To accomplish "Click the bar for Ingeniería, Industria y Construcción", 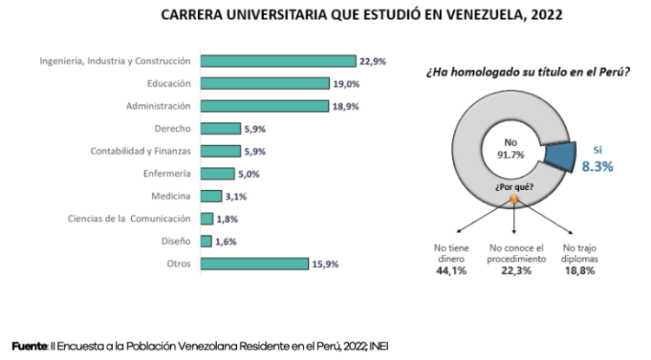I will point(278,61).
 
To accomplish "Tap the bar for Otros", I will point(255,263).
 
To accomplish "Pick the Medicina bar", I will point(211,196).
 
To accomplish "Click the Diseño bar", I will point(206,241).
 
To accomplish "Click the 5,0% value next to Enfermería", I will point(248,173).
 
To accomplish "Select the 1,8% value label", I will point(227,219).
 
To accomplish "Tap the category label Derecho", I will point(173,128).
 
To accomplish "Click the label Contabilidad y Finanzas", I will point(141,151).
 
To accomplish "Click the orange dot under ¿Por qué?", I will point(514,200).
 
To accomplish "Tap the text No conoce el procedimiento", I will point(517,253).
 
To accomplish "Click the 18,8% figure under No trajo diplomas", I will point(582,271).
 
